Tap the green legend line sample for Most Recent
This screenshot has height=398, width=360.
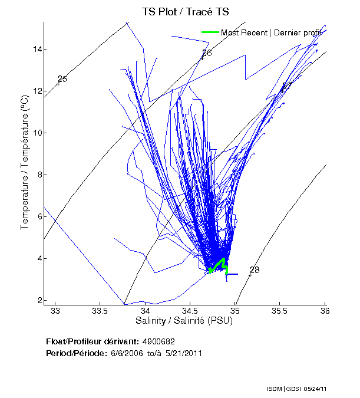[x=210, y=32]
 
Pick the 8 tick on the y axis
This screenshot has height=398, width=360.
[x=38, y=175]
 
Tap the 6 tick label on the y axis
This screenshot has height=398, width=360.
[x=38, y=216]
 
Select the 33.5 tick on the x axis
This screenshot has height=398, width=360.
[x=100, y=311]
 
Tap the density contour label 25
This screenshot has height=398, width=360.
[x=62, y=79]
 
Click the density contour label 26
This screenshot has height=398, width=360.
[x=206, y=54]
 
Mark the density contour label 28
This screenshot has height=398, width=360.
[x=255, y=270]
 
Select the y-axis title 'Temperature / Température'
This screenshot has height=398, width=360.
[x=25, y=163]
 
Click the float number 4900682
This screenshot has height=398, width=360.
[x=158, y=341]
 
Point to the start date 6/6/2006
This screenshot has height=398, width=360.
[x=124, y=353]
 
